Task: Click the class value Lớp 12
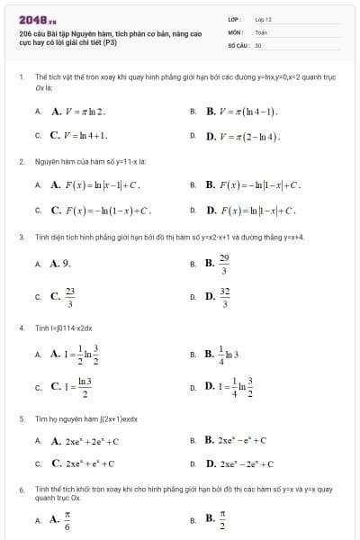[263, 19]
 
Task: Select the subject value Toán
[261, 31]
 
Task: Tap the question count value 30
[258, 44]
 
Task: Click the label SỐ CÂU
[237, 44]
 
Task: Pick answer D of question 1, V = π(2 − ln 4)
[243, 137]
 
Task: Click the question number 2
[21, 161]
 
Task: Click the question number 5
[21, 418]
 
